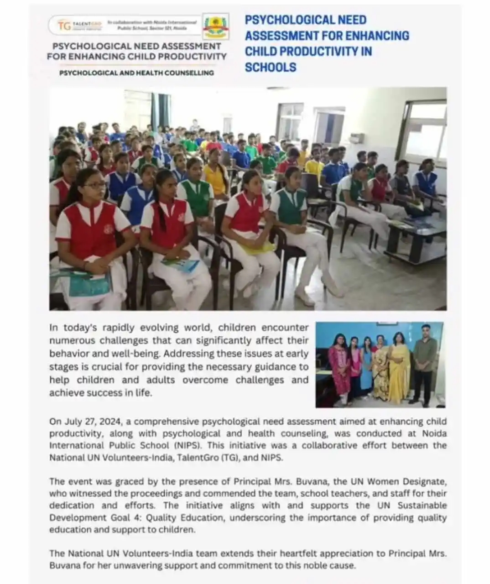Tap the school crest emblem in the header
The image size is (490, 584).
tap(215, 26)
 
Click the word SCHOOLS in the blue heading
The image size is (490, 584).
tap(271, 67)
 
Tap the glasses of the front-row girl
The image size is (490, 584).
tap(94, 185)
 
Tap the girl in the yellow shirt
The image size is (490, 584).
tap(216, 178)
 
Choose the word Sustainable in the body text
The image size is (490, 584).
tap(422, 506)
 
